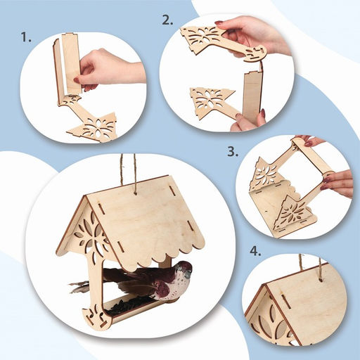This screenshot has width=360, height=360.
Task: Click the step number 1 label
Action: click(x=26, y=37)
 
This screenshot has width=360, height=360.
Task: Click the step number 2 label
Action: click(x=167, y=20)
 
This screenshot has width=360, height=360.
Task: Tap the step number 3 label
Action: click(x=233, y=152)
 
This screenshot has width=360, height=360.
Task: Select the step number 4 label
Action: click(x=255, y=251)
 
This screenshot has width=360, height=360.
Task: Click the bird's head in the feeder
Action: click(x=184, y=269)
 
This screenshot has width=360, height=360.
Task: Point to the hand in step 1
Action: click(x=108, y=70)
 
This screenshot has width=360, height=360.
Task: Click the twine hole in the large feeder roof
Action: click(x=135, y=193)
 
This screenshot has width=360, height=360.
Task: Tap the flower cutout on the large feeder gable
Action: click(x=90, y=232)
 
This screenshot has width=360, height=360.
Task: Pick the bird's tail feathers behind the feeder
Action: click(x=79, y=287)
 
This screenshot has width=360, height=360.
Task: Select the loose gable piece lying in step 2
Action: click(x=212, y=103)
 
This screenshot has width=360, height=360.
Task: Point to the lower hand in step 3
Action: click(x=337, y=183)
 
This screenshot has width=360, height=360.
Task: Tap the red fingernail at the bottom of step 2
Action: click(x=263, y=113)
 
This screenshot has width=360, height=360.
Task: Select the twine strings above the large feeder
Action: click(x=128, y=173)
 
